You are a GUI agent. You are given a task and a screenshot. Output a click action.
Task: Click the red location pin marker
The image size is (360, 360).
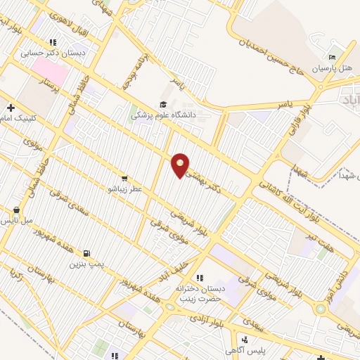point(181,165)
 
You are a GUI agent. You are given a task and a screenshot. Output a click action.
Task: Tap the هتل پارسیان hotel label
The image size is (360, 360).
point(337,67)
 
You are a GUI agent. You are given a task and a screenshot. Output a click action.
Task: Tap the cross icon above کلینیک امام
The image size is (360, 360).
point(11,108)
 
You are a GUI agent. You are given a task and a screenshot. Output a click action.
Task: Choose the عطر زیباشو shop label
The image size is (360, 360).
point(124,189)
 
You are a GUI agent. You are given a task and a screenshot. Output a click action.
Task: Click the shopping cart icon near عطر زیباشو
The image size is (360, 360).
point(124,179)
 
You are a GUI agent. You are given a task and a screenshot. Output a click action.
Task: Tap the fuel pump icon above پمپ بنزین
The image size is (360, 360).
point(86,254)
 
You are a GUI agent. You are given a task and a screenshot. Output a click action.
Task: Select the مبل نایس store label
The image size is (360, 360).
point(15,220)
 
